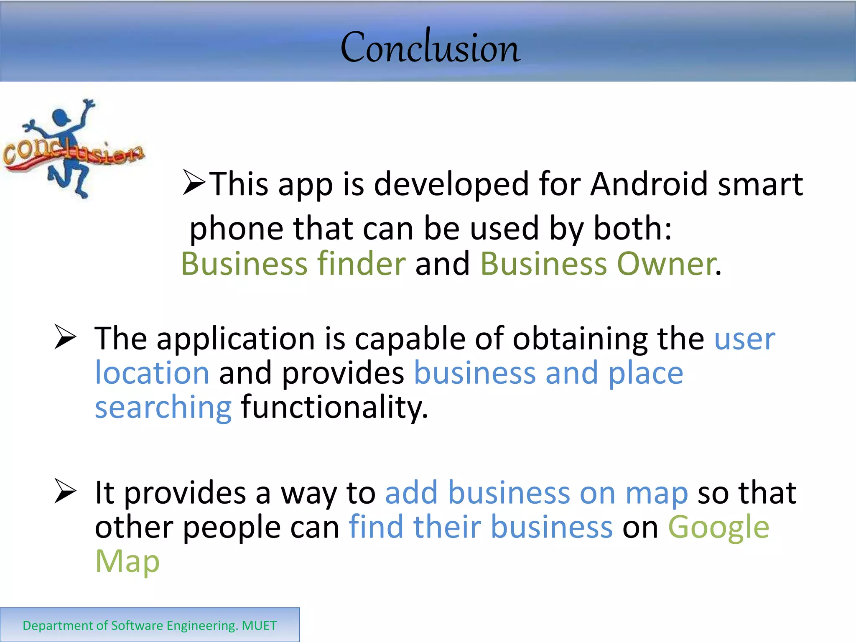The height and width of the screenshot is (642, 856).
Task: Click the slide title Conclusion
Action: click(x=430, y=48)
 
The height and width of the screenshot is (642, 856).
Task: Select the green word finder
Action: click(x=361, y=264)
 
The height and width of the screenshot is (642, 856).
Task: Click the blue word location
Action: click(x=152, y=373)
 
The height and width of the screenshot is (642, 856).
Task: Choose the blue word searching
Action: click(x=163, y=408)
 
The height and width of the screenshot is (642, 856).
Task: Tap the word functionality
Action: click(x=334, y=408)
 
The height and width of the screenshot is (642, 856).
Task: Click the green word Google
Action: click(x=718, y=527)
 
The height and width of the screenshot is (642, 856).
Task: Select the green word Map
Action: click(x=127, y=561)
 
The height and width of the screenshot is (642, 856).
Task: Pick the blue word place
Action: click(x=645, y=373)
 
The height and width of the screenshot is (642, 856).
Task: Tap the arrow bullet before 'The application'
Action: click(x=65, y=338)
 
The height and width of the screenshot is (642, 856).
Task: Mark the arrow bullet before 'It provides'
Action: click(x=65, y=492)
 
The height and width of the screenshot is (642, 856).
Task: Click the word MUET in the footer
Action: click(x=259, y=626)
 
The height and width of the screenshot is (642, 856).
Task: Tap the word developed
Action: click(x=451, y=184)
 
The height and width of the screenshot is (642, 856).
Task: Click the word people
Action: click(x=232, y=527)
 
